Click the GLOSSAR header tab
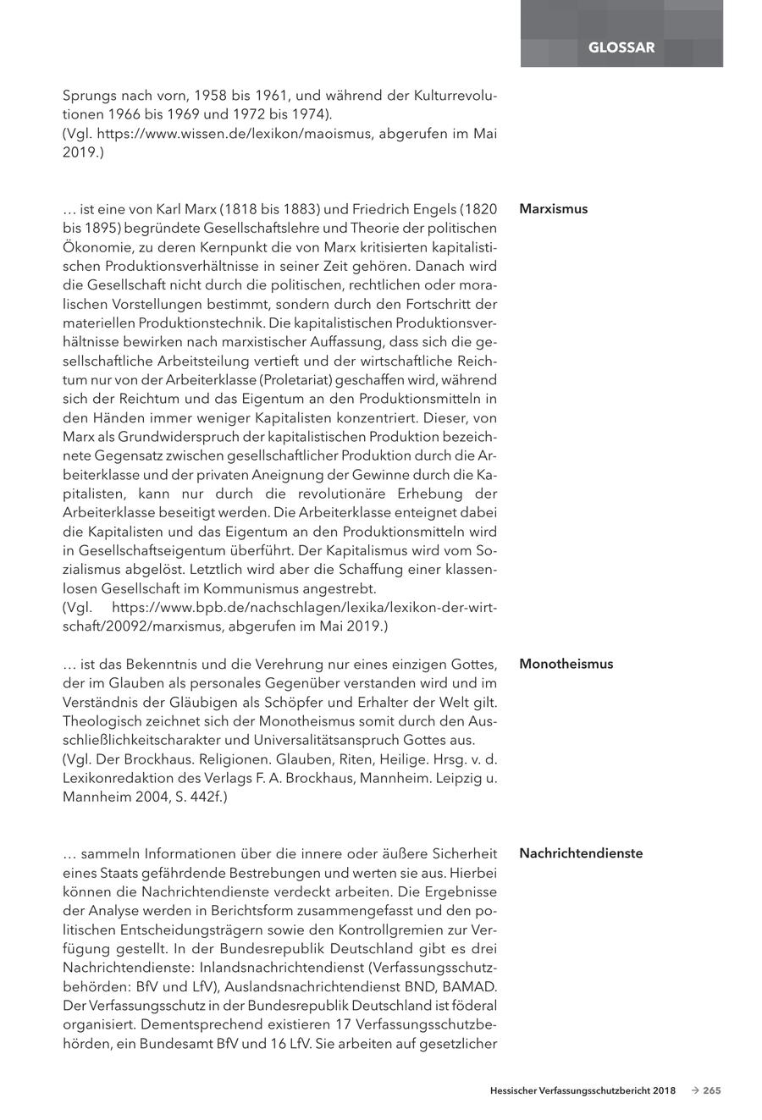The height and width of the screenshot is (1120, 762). tap(621, 47)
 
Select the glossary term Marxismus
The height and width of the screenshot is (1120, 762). tap(553, 209)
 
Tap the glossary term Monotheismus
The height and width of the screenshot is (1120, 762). tap(566, 664)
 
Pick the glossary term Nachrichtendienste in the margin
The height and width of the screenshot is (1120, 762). tap(581, 853)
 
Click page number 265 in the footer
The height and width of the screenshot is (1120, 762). tap(711, 1091)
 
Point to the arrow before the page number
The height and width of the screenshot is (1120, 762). tap(694, 1091)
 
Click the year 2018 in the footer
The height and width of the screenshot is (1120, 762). tap(664, 1091)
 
